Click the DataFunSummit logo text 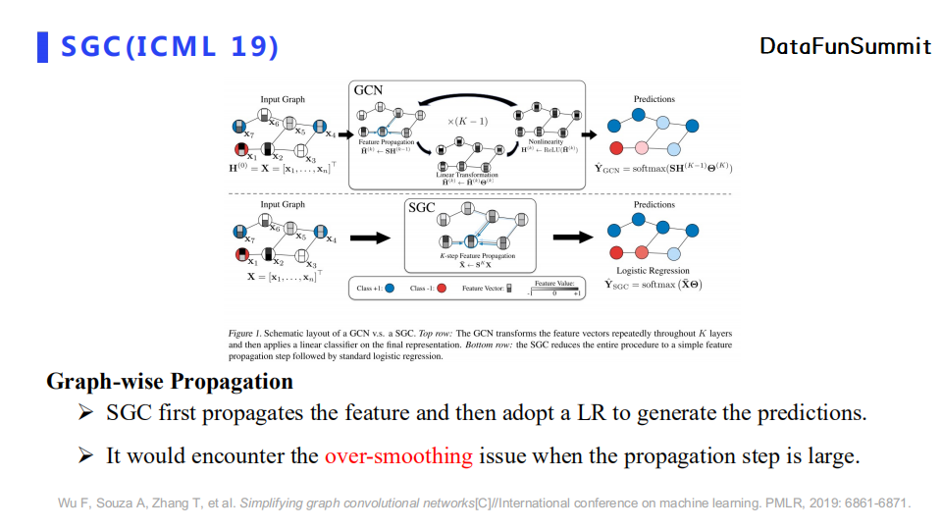point(845,46)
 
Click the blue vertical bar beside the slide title point(42,46)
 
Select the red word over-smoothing point(398,456)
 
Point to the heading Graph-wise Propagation point(169,381)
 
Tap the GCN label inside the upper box point(368,90)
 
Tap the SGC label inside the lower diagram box point(421,208)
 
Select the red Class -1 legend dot point(442,289)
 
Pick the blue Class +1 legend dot point(390,289)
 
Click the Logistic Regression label point(653,270)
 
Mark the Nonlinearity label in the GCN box point(546,141)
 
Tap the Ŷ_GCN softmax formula point(663,168)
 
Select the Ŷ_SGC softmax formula point(653,285)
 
